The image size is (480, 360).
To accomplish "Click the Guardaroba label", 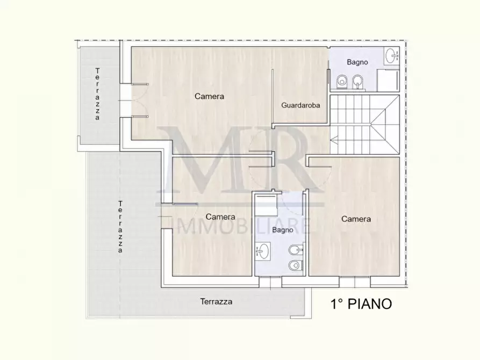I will click(x=300, y=105).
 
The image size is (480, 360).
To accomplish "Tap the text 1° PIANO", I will click(x=360, y=304).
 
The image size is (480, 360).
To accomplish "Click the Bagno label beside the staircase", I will click(x=357, y=62).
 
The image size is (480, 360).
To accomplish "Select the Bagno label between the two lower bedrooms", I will click(x=282, y=230).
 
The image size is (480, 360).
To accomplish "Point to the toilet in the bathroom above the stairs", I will click(x=342, y=81).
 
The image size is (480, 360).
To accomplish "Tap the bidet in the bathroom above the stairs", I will click(x=357, y=81).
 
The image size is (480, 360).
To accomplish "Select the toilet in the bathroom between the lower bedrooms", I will click(x=295, y=265).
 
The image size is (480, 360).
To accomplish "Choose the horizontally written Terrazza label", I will click(x=216, y=301).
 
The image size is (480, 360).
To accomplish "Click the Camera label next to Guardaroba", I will click(x=209, y=97).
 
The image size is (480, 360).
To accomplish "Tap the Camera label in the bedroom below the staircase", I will click(x=356, y=219).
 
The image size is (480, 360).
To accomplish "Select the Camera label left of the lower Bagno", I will click(x=220, y=217).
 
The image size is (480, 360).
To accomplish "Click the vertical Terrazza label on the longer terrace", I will click(x=120, y=226).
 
